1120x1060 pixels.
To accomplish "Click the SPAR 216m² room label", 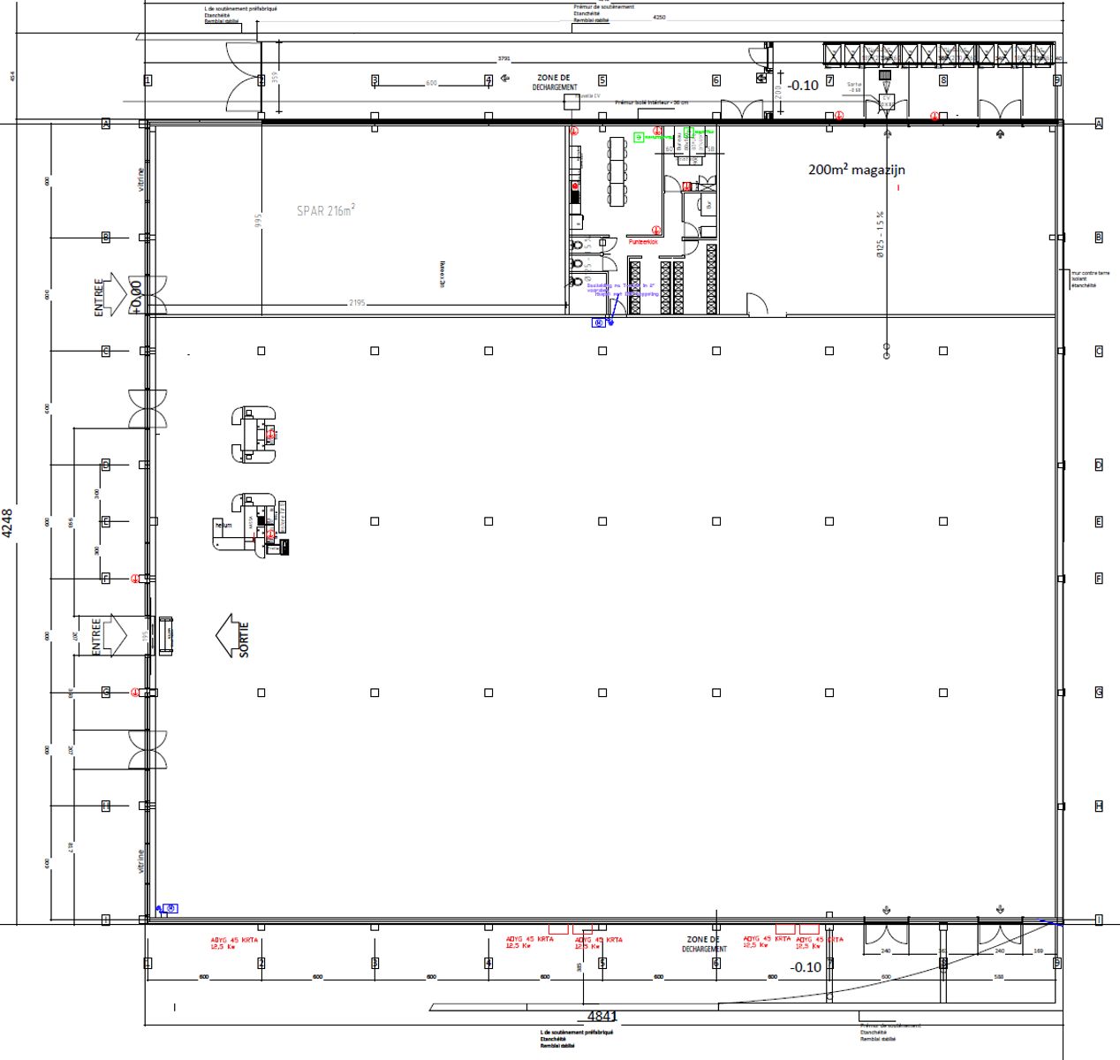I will click(325, 211).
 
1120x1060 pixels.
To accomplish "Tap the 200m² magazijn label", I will click(856, 170).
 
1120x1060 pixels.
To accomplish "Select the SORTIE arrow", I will click(233, 637).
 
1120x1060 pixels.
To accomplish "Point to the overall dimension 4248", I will click(8, 523).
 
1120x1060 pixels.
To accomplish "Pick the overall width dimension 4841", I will click(602, 1017).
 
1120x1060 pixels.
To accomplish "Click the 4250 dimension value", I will click(659, 17).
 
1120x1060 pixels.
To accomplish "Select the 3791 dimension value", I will click(504, 59).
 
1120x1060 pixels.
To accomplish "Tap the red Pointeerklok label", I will click(643, 241).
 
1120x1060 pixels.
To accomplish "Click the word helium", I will click(223, 526).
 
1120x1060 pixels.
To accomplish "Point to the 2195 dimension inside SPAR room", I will click(357, 303).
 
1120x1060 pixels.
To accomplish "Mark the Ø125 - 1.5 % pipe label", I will click(880, 233).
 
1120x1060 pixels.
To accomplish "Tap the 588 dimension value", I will click(997, 977).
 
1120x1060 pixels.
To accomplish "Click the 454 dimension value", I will click(12, 77).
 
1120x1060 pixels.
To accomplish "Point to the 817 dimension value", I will click(71, 848).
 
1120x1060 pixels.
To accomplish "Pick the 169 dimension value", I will click(1039, 951).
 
